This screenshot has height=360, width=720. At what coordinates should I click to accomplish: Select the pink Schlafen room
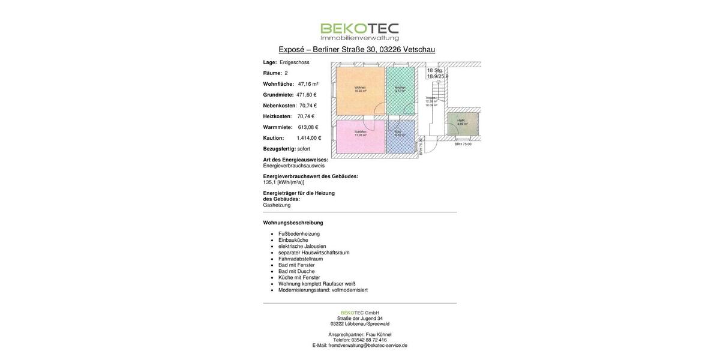(x=360, y=136)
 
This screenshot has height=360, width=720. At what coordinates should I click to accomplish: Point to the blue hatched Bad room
(x=400, y=137)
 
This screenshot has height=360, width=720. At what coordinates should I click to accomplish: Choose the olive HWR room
(x=462, y=124)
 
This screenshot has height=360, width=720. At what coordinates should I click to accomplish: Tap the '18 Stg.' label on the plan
(x=435, y=70)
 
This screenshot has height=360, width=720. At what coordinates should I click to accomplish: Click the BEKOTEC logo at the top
(x=359, y=32)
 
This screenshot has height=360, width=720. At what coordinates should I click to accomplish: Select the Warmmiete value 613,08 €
(x=308, y=127)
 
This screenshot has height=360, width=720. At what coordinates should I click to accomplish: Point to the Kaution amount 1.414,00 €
(x=308, y=138)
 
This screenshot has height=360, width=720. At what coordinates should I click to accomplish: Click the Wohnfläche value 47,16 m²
(x=308, y=84)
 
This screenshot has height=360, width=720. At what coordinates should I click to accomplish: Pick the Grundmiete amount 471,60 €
(x=306, y=95)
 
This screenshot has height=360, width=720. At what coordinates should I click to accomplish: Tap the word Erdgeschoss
(x=295, y=62)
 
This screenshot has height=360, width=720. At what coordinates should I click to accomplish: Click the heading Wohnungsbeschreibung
(x=293, y=223)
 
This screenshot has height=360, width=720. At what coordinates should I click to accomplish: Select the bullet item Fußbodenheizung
(x=299, y=234)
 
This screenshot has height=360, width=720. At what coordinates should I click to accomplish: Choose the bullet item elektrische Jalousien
(x=302, y=247)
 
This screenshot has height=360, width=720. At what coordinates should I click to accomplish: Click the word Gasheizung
(x=277, y=205)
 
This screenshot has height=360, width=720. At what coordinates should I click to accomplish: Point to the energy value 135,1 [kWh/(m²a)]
(x=283, y=182)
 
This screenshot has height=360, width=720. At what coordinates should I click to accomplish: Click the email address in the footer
(x=368, y=346)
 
